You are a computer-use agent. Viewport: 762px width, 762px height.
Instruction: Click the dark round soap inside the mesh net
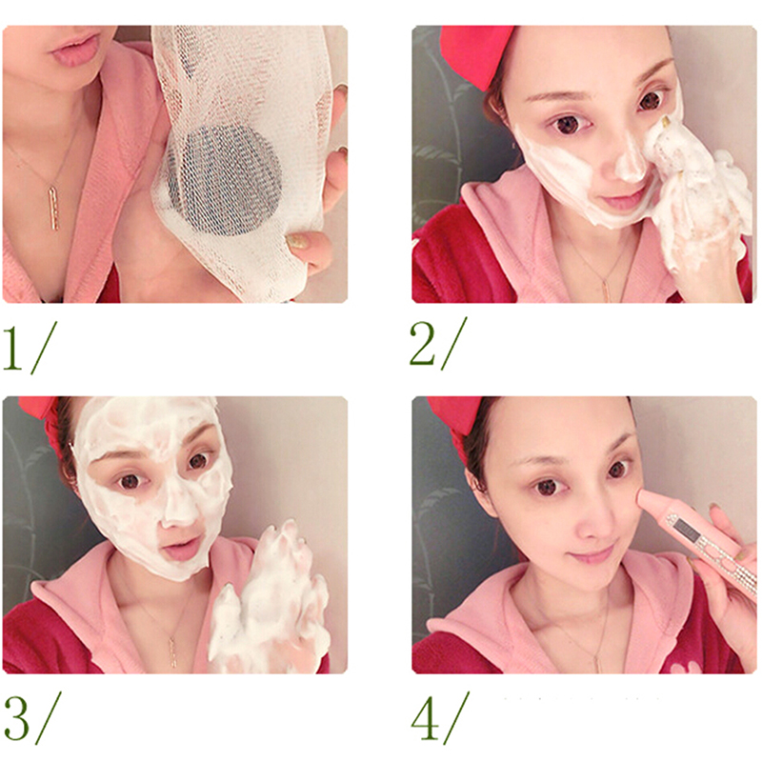[x=225, y=181]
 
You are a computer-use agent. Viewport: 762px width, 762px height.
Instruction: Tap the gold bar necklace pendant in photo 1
[x=53, y=209]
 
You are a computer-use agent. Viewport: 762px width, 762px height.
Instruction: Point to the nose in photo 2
[x=630, y=160]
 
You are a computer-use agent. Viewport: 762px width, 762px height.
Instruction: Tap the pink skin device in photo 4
[x=700, y=539]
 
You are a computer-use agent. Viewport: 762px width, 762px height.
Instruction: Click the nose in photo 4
[x=596, y=523]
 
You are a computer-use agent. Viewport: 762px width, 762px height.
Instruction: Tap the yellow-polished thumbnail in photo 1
[x=297, y=242]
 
